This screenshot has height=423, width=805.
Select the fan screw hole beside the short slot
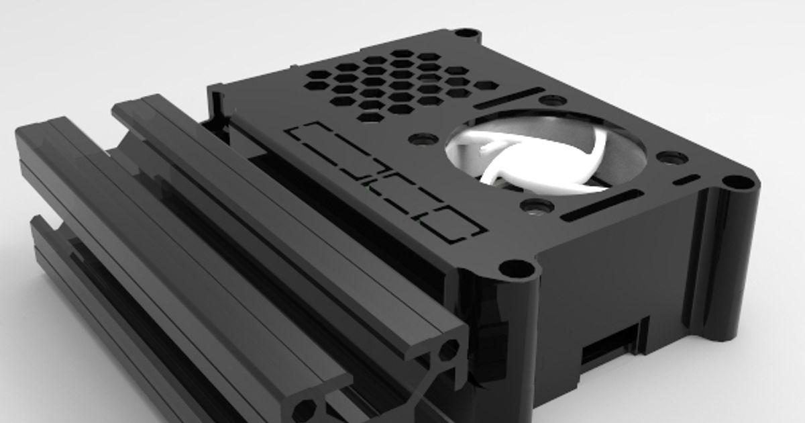click(x=672, y=158)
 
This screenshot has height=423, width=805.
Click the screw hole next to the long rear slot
click(x=552, y=101)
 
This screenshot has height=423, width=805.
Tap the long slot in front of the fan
click(x=601, y=205)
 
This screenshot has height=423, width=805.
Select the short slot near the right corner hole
click(x=686, y=181)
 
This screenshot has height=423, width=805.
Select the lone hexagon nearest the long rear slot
click(x=488, y=86)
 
